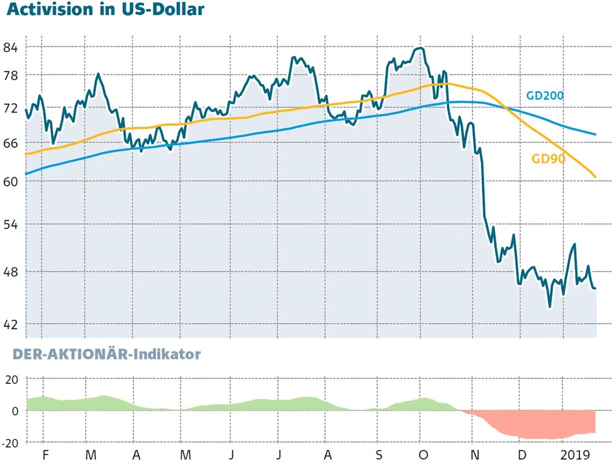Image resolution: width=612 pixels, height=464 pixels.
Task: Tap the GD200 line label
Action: click(545, 95)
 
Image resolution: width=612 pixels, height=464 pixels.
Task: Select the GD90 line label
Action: click(548, 159)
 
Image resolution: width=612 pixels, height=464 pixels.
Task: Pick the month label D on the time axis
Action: click(521, 455)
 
